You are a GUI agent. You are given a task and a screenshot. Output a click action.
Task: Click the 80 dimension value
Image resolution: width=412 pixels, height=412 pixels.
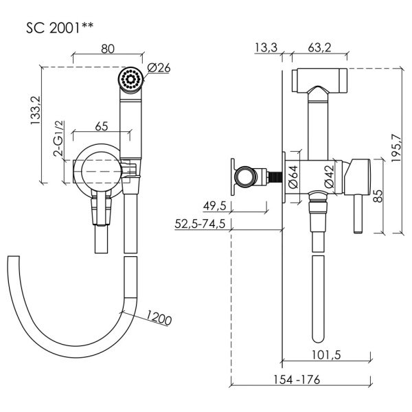107,49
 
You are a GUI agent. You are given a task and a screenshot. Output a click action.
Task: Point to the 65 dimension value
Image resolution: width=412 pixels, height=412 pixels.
101,126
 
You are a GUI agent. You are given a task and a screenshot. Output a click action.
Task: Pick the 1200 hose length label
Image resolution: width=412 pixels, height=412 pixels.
158,317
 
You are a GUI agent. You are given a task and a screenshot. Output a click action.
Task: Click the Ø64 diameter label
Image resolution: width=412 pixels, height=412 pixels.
292,177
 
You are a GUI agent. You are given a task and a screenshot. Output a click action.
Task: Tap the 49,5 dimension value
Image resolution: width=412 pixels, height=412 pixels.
216,205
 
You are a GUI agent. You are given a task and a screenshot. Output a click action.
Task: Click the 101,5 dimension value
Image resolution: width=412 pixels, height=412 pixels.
327,355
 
